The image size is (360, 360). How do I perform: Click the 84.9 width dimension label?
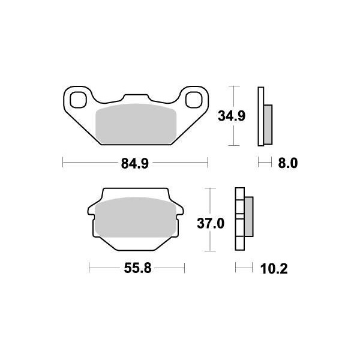(x=134, y=162)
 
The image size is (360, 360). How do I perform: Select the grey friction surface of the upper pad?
(x=135, y=123)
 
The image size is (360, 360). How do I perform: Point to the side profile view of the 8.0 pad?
(x=264, y=117)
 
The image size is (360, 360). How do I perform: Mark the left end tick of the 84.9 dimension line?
(x=64, y=162)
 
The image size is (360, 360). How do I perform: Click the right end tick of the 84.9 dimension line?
(x=207, y=162)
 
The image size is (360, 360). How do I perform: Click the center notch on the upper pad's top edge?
(x=135, y=96)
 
